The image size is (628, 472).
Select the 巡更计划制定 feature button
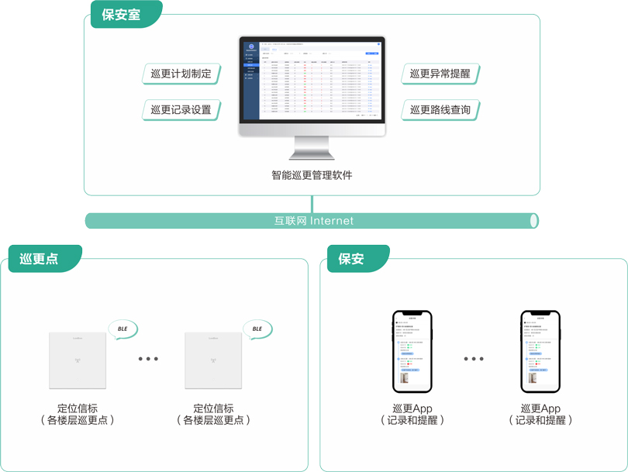pos(181,74)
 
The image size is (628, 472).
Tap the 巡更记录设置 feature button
pos(181,110)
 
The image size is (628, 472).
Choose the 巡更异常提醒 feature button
pos(440,74)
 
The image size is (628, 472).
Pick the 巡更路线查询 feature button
pos(440,110)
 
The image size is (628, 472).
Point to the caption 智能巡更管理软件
pos(312,175)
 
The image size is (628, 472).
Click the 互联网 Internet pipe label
pos(313,221)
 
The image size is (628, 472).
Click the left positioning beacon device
pos(78,360)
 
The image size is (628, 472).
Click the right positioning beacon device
pos(214,360)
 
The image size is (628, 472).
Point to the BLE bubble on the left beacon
pos(122,329)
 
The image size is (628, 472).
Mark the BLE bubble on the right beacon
pos(257,329)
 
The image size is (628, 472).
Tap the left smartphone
pos(412,352)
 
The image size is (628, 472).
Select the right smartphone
pos(540,352)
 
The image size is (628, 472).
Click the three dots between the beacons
pos(147,359)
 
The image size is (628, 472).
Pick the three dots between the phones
pos(474,359)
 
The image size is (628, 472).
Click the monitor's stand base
pos(312,153)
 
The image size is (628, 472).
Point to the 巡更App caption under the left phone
pos(412,408)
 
